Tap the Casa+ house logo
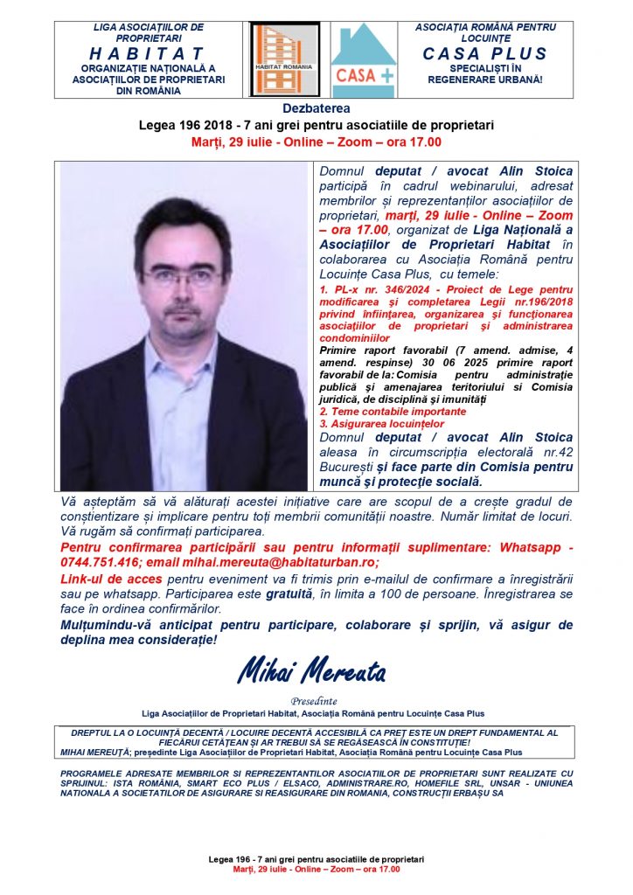coord(363,59)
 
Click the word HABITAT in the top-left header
coord(148,53)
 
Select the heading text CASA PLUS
coord(484,53)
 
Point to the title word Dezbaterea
coord(316,109)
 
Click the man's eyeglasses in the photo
coord(182,277)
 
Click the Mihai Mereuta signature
coord(311,670)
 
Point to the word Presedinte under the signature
coord(316,701)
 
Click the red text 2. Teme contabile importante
coord(393,411)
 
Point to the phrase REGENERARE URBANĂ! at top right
coord(485,80)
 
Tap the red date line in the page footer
coord(316,870)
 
